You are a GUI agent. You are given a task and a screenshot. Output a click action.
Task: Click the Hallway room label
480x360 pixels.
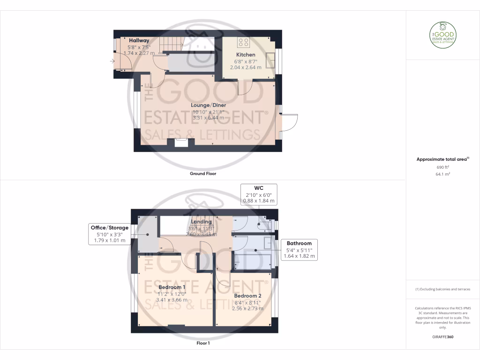click(x=139, y=41)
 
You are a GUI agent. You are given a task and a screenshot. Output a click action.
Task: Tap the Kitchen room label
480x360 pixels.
click(x=246, y=55)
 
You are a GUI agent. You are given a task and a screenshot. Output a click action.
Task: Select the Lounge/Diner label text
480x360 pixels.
click(x=209, y=105)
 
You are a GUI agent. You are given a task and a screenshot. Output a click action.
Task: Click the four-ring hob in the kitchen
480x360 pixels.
click(x=244, y=43)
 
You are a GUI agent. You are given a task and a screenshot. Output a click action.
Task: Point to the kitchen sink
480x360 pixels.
click(x=271, y=60)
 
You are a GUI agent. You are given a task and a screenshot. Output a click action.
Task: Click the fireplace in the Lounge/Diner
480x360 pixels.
click(x=180, y=143)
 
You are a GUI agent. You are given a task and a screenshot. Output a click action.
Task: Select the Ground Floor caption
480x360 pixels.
click(x=203, y=173)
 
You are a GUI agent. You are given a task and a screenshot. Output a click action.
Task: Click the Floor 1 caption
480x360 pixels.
click(x=203, y=343)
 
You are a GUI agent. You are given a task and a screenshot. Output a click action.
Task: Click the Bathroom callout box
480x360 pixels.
click(x=299, y=250)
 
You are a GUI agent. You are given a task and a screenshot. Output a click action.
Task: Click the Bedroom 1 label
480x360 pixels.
click(x=172, y=287)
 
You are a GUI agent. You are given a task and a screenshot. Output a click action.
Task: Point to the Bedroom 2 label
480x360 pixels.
click(x=248, y=296)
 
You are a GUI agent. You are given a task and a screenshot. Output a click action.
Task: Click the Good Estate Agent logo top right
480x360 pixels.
click(x=443, y=36)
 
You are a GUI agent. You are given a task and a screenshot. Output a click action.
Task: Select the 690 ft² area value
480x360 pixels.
click(x=443, y=167)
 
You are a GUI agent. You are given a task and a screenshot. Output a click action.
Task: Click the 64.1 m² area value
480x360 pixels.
click(x=443, y=173)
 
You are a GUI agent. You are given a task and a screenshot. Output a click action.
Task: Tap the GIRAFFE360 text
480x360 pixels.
click(x=443, y=337)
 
